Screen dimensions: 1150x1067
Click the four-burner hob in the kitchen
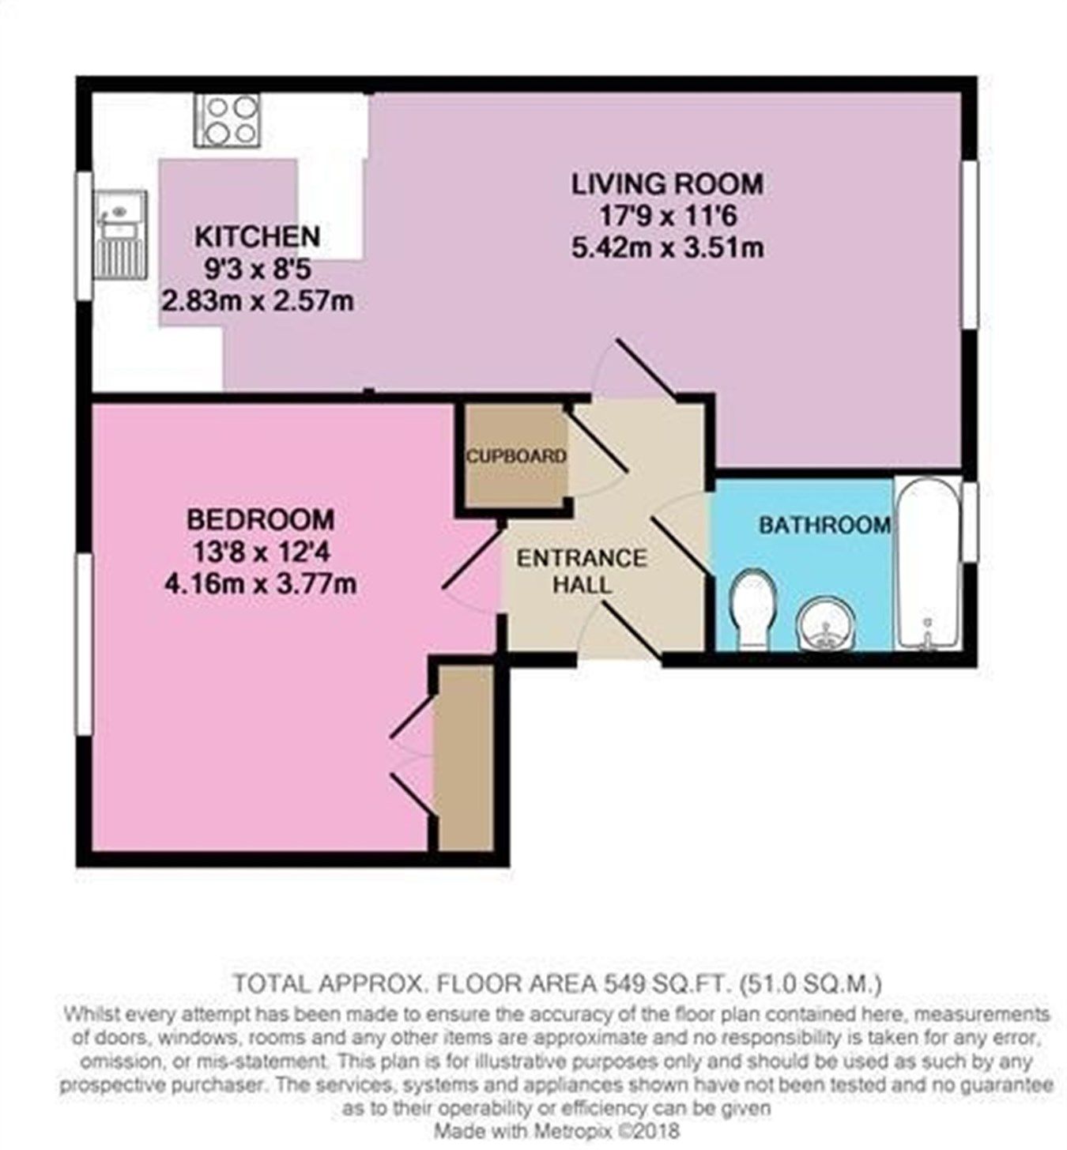(228, 120)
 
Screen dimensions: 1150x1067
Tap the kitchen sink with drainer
(121, 235)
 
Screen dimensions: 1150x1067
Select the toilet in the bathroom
(752, 609)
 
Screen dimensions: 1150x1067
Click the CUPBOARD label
(516, 456)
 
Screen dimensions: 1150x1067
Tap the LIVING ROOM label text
(667, 183)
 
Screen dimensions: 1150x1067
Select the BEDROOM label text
(260, 519)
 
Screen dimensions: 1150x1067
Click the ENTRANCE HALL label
(581, 571)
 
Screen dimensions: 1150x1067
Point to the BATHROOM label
(824, 525)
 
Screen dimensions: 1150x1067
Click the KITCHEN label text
(257, 236)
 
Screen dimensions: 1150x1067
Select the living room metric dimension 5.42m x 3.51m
(667, 248)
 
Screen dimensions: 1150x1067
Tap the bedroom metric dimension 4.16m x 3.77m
(260, 584)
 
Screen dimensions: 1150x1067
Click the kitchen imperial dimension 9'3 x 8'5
(257, 269)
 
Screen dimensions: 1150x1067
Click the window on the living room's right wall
(969, 245)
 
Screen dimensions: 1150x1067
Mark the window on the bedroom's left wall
(84, 644)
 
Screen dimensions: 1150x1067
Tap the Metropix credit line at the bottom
(556, 1131)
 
